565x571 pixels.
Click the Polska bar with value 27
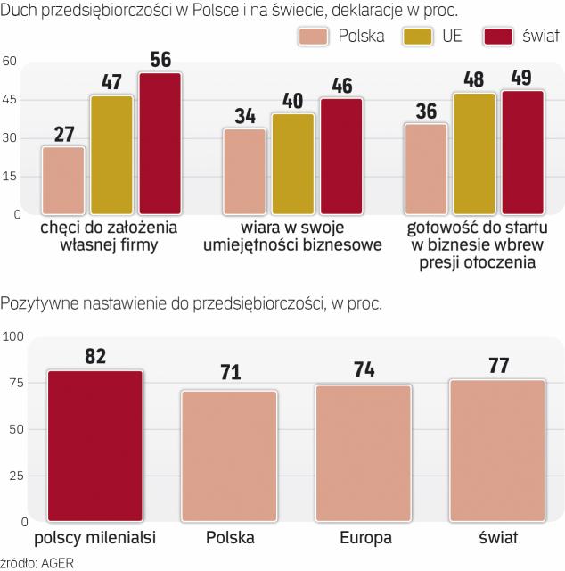[63, 180]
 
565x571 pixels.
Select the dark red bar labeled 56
[160, 144]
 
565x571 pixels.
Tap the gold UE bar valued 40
[293, 164]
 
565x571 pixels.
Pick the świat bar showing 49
[523, 152]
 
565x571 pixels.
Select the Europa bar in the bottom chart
[363, 453]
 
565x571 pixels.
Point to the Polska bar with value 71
[229, 456]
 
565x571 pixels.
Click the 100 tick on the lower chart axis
[12, 336]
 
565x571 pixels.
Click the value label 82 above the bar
[95, 355]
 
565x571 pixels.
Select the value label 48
[474, 79]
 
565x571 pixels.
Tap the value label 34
[245, 115]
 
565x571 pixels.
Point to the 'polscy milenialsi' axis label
[95, 538]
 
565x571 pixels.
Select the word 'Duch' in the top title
[20, 10]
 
